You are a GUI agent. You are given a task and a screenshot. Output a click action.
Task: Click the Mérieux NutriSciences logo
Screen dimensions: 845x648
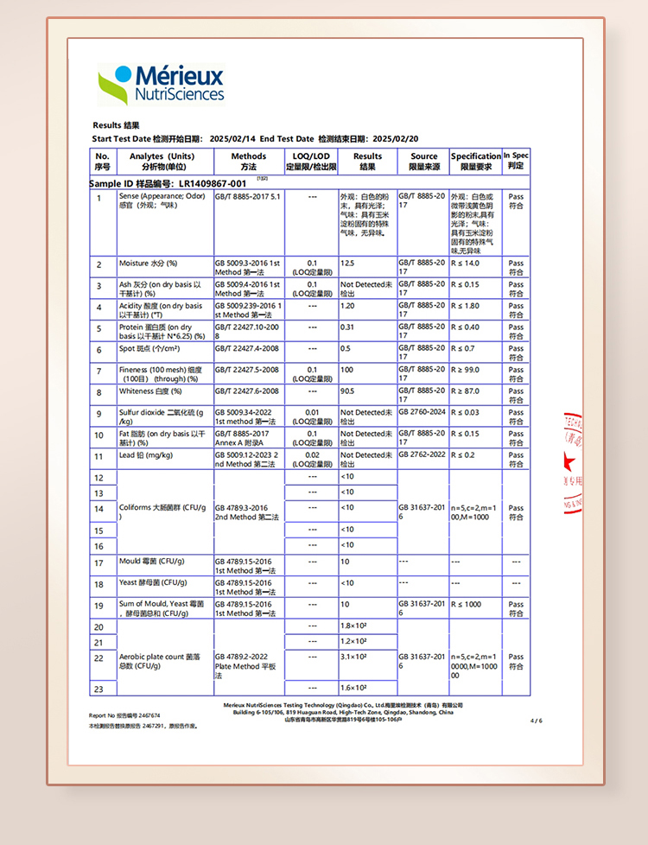pyautogui.click(x=162, y=84)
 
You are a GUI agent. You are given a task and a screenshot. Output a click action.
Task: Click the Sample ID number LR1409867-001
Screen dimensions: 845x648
pyautogui.click(x=212, y=183)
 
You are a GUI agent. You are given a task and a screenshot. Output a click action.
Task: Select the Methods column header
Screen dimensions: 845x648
pyautogui.click(x=248, y=162)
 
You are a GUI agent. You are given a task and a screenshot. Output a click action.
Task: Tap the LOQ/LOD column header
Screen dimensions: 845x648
pyautogui.click(x=311, y=162)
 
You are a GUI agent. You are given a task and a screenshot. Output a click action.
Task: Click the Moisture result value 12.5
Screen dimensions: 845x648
pyautogui.click(x=347, y=263)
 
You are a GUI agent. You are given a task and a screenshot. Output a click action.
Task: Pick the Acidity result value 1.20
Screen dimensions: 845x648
pyautogui.click(x=348, y=306)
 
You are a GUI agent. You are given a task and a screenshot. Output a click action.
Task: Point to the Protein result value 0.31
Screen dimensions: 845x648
pyautogui.click(x=347, y=327)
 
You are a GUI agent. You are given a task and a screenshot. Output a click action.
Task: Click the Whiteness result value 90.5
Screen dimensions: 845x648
pyautogui.click(x=348, y=391)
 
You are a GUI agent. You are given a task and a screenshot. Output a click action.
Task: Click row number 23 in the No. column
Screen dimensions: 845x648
pyautogui.click(x=98, y=689)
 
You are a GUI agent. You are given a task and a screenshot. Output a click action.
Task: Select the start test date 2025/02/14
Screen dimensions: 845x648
pyautogui.click(x=232, y=139)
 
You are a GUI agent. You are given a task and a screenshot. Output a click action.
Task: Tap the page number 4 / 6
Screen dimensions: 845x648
pyautogui.click(x=536, y=720)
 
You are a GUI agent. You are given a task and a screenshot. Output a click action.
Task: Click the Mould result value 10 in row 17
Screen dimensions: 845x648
pyautogui.click(x=345, y=562)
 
